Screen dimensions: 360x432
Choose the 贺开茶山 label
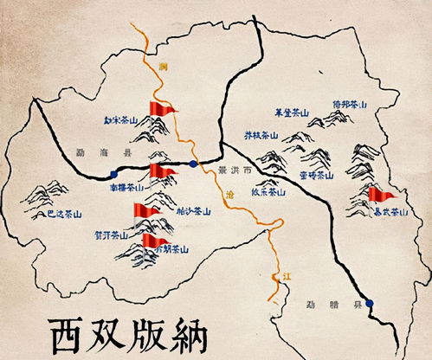point(111,235)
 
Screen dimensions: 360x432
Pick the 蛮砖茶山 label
point(315,174)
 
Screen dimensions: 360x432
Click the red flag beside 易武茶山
point(379,194)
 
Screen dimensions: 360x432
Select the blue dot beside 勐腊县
point(370,303)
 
